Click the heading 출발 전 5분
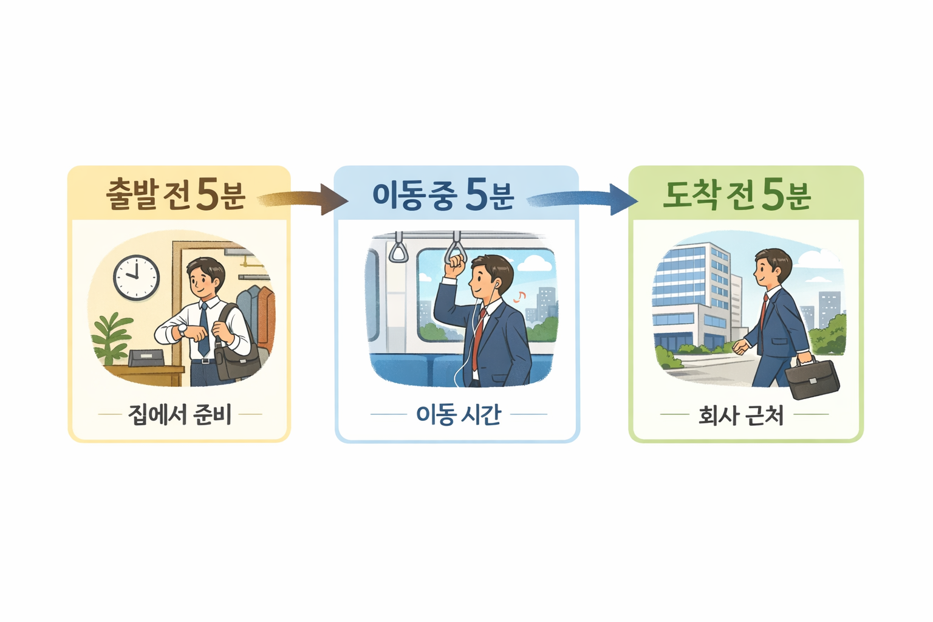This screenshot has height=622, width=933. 176,194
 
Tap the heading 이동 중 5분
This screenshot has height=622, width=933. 443,194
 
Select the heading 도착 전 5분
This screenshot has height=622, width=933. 736,194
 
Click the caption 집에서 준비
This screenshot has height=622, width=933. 180,415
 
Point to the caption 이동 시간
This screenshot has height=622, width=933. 458,415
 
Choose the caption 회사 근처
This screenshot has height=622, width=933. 740,415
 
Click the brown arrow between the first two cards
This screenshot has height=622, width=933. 304,199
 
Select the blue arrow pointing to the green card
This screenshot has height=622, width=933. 583,199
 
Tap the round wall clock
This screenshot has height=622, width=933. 137,277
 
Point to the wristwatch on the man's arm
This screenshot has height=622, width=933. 182,330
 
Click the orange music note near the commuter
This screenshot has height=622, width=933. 519,296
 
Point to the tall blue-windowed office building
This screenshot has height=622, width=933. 692,292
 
